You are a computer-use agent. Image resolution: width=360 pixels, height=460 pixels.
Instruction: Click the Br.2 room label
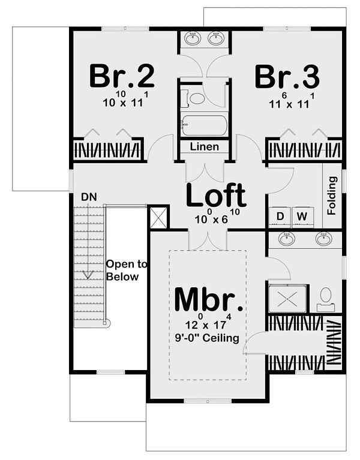pyautogui.click(x=122, y=76)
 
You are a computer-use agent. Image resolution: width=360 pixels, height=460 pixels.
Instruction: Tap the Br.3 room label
pyautogui.click(x=287, y=77)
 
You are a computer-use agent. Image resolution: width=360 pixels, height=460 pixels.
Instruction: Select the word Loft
pyautogui.click(x=216, y=195)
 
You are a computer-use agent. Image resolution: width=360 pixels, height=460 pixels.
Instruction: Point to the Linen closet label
pyautogui.click(x=204, y=146)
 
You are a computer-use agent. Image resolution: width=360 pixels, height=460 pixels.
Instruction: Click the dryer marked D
pyautogui.click(x=280, y=217)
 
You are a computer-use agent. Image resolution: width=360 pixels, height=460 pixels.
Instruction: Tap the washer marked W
pyautogui.click(x=302, y=217)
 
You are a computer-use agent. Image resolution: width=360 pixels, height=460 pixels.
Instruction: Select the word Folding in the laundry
pyautogui.click(x=332, y=196)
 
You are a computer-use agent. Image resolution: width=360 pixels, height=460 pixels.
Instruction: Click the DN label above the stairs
pyautogui.click(x=89, y=197)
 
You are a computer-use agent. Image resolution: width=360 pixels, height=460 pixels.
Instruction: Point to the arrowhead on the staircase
pyautogui.click(x=88, y=274)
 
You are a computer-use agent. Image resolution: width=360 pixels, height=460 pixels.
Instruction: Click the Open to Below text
pyautogui.click(x=127, y=270)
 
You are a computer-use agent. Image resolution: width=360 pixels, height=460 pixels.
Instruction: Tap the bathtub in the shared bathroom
pyautogui.click(x=204, y=125)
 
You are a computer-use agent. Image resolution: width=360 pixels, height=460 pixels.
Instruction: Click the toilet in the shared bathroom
pyautogui.click(x=193, y=98)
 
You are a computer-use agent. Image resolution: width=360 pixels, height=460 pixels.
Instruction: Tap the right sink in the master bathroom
pyautogui.click(x=324, y=239)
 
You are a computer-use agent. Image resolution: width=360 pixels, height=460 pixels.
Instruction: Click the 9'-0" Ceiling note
pyautogui.click(x=207, y=338)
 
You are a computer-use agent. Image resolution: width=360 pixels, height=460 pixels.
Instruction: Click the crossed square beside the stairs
pyautogui.click(x=158, y=217)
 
